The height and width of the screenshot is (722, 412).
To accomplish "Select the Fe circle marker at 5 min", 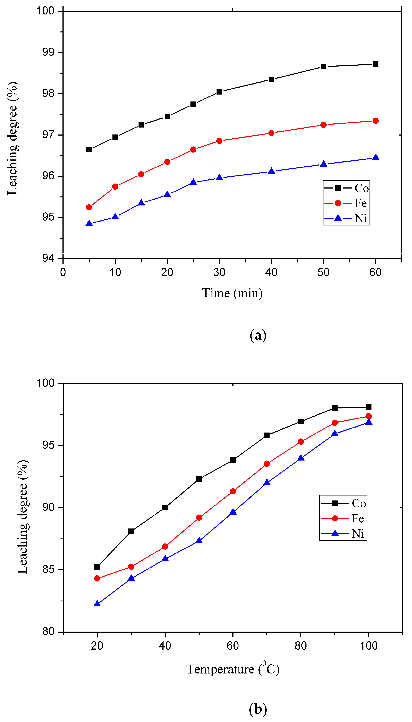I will click(x=89, y=207).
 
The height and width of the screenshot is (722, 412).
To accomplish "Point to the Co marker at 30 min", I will click(x=219, y=92).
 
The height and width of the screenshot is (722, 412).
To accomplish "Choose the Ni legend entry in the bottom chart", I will click(x=343, y=534).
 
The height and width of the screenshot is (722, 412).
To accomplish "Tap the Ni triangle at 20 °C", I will click(x=97, y=604).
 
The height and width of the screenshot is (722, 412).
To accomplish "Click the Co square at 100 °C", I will click(x=368, y=407).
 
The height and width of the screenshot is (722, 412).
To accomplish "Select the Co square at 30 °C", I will click(x=131, y=531).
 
